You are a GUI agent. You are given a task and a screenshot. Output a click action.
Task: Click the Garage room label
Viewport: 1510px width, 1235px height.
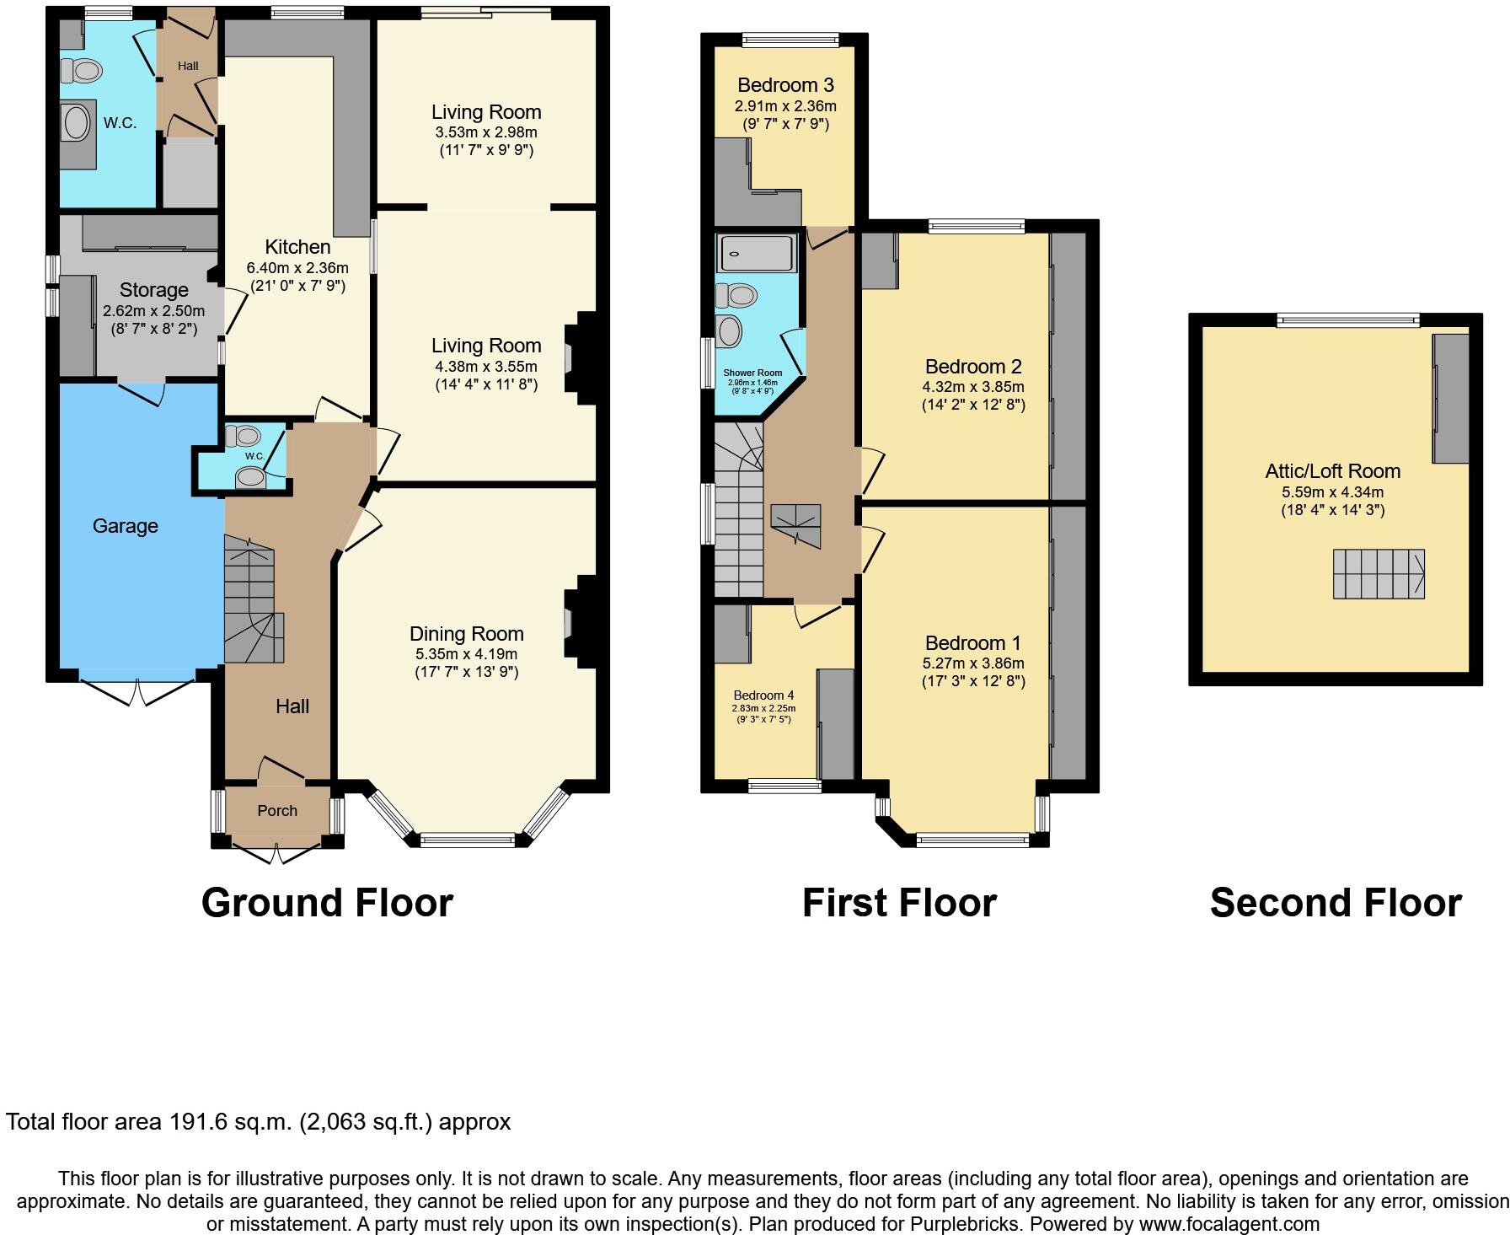pyautogui.click(x=125, y=526)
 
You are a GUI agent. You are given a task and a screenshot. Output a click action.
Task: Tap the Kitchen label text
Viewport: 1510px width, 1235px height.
pyautogui.click(x=297, y=247)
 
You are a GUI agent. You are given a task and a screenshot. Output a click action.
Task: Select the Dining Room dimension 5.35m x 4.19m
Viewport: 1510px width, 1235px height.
pyautogui.click(x=466, y=654)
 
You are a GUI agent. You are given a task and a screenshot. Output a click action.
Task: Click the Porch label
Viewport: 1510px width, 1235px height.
pyautogui.click(x=277, y=810)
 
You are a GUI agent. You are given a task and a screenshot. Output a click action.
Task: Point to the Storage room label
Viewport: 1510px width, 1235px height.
pyautogui.click(x=153, y=290)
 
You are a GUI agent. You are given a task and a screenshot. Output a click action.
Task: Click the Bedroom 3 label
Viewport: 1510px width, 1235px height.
pyautogui.click(x=785, y=85)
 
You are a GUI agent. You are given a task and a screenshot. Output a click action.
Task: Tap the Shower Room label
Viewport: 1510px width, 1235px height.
pyautogui.click(x=752, y=373)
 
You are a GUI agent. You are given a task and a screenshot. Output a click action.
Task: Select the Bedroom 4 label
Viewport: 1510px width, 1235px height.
pyautogui.click(x=763, y=695)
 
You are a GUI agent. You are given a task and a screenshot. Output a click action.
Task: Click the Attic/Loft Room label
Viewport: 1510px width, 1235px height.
pyautogui.click(x=1332, y=471)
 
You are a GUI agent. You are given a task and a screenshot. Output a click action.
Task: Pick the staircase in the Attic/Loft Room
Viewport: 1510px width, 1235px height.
pyautogui.click(x=1378, y=574)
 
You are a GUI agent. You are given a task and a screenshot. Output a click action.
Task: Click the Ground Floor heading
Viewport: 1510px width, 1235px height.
pyautogui.click(x=327, y=903)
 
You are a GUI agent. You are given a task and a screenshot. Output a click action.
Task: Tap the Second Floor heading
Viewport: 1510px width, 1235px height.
pyautogui.click(x=1336, y=903)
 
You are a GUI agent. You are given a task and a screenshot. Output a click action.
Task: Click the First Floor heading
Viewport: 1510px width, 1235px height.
pyautogui.click(x=899, y=903)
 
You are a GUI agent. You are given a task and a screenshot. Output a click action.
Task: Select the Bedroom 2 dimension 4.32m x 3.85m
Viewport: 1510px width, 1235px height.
pyautogui.click(x=973, y=387)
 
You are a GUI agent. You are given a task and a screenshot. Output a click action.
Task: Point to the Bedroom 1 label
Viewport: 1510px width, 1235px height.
pyautogui.click(x=972, y=643)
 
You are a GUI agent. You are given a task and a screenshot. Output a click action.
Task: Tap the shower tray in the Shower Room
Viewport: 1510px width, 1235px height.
pyautogui.click(x=756, y=253)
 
